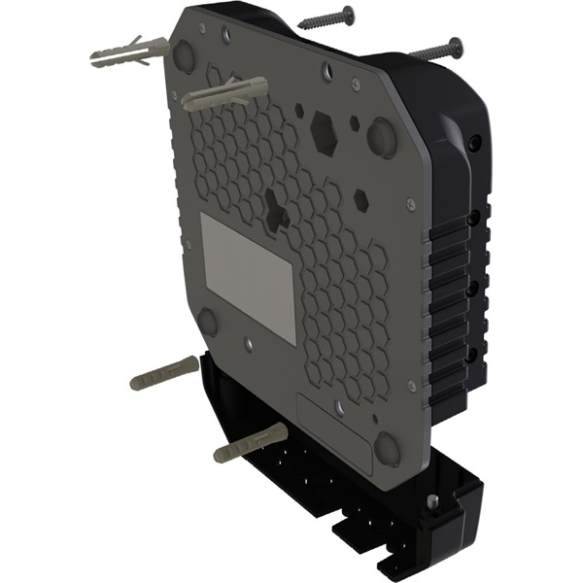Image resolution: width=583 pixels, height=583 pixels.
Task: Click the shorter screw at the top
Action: pos(326,18)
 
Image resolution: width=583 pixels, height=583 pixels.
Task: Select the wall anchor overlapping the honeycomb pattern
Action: pos(223,95)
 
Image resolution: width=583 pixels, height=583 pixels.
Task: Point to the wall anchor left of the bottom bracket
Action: pos(163,372)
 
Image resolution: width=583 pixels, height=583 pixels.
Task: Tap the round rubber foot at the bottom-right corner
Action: pos(388,448)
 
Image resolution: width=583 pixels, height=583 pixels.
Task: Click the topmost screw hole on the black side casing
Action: pos(473,143)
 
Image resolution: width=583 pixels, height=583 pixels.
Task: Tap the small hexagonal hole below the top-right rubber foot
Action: pos(360,200)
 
